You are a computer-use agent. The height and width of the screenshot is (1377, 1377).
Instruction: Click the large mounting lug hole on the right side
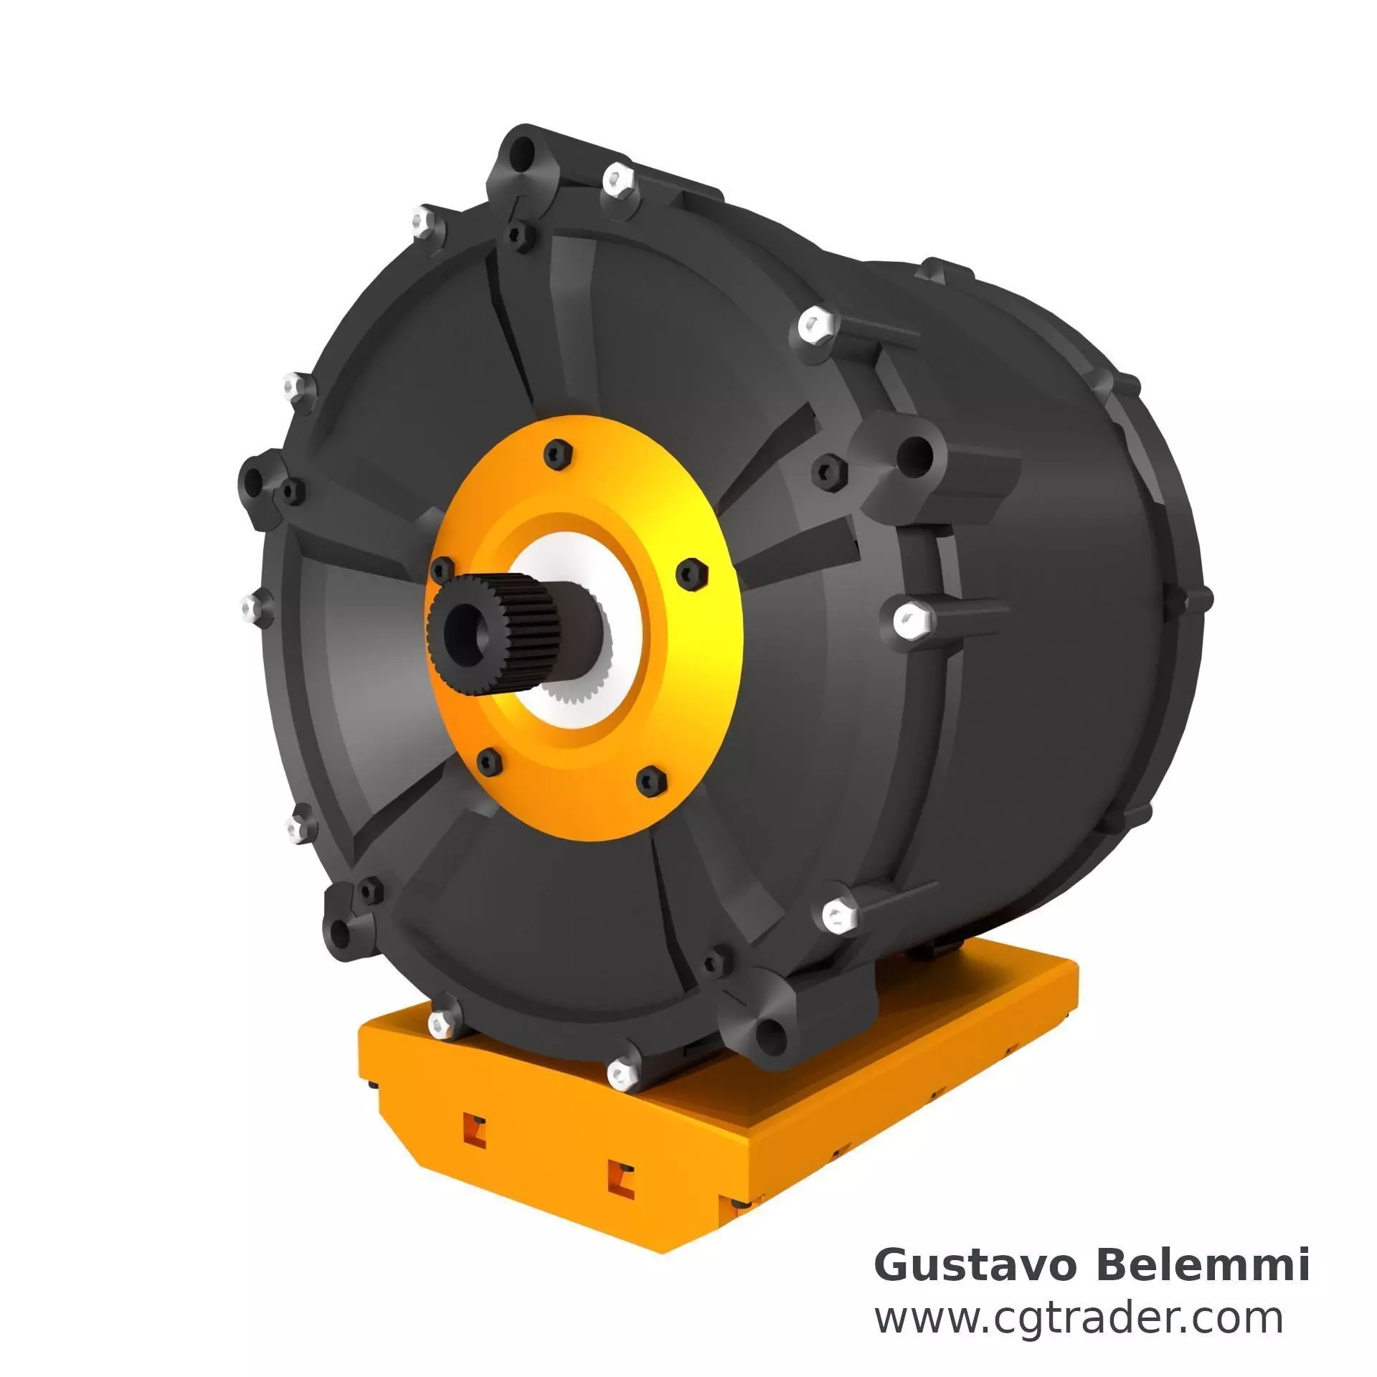tap(915, 453)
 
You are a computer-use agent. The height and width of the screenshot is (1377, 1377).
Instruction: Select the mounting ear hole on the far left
tap(253, 478)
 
